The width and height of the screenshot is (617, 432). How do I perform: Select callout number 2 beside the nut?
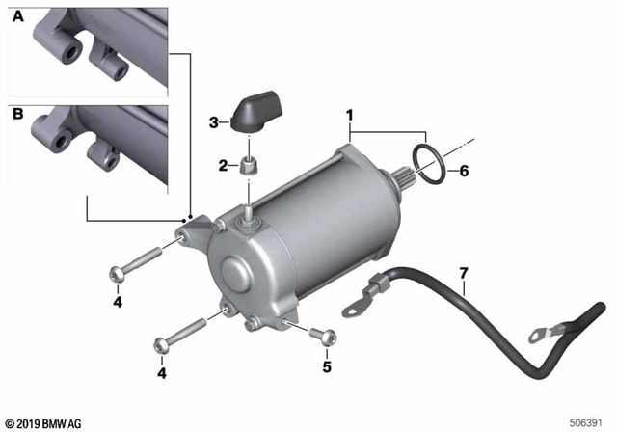tap(221, 165)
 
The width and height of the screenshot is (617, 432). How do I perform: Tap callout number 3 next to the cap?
tap(213, 122)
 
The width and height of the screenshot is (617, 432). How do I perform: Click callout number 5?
tap(326, 366)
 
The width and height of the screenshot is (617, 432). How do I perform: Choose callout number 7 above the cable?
tap(464, 274)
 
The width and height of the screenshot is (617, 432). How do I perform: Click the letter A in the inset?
tap(17, 17)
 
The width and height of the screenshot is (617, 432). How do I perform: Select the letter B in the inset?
tap(17, 113)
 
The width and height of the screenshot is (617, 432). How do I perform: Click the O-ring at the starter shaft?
tap(429, 163)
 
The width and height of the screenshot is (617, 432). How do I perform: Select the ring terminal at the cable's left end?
tap(354, 307)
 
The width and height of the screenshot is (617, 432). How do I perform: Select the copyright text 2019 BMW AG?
tap(44, 422)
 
